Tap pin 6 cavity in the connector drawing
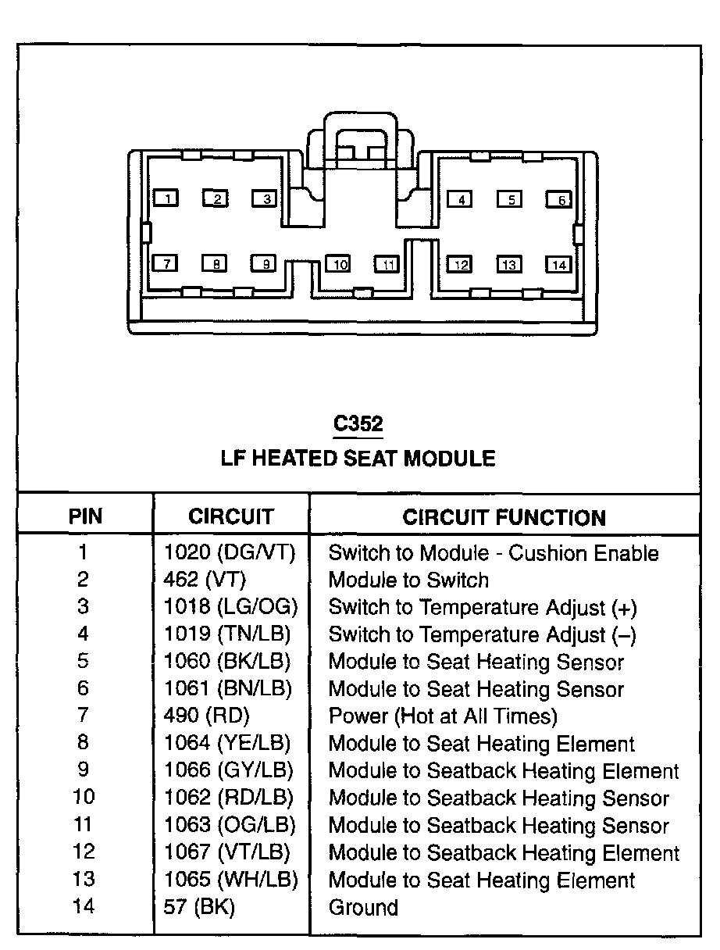pos(558,199)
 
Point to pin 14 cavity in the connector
pos(558,264)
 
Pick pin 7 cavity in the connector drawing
pos(166,263)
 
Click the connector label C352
pos(358,423)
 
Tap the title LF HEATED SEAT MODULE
pos(358,458)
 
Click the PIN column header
pos(85,516)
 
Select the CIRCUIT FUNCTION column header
pos(504,517)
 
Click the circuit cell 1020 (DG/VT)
pos(230,553)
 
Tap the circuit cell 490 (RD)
pos(207,716)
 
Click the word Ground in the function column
pos(363,907)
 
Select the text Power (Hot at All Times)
pos(443,716)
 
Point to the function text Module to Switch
pos(408,580)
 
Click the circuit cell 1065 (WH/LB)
pos(231,880)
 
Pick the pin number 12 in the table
pos(84,852)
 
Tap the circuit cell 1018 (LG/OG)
pos(231,607)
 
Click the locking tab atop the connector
pos(361,141)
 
